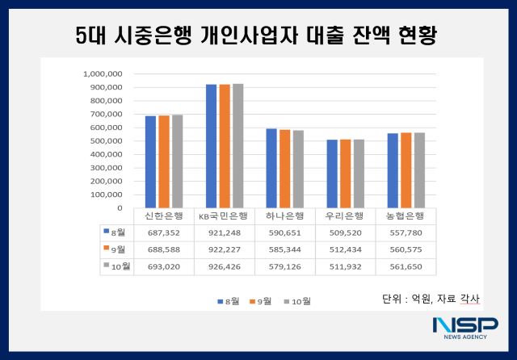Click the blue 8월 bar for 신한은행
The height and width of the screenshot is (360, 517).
click(150, 161)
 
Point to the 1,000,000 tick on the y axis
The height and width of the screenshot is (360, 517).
click(103, 73)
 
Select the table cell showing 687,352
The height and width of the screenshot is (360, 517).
click(162, 231)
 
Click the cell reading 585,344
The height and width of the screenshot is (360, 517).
click(285, 249)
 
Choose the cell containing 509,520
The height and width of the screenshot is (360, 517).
click(347, 231)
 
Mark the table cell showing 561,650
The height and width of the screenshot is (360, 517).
click(408, 266)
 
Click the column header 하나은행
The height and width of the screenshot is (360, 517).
click(285, 216)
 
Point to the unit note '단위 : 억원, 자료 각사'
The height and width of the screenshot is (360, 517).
click(430, 299)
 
